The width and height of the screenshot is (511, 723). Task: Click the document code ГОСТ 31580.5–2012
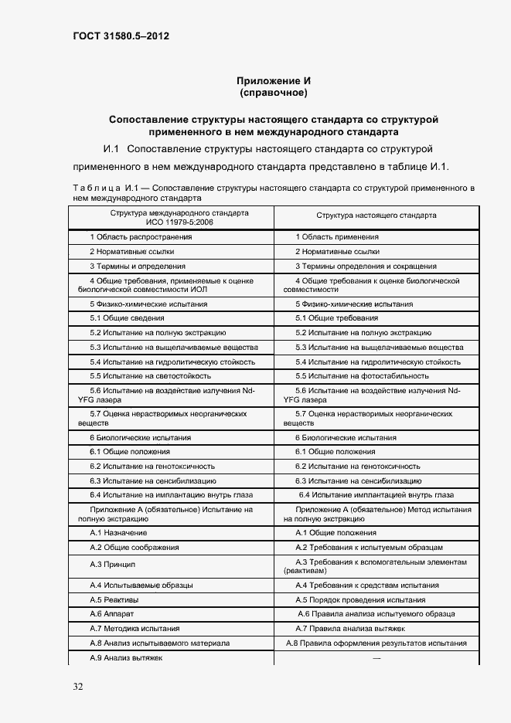(111, 36)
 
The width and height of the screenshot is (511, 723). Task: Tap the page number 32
(78, 687)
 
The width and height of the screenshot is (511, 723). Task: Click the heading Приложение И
(274, 81)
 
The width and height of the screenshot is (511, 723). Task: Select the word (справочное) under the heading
(274, 93)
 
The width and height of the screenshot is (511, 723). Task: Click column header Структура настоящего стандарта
(376, 216)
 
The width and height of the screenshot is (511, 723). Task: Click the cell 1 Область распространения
(141, 237)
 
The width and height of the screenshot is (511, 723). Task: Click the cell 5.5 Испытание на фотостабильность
(362, 376)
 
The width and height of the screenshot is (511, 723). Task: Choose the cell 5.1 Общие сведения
(127, 318)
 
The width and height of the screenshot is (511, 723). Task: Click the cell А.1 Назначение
(118, 533)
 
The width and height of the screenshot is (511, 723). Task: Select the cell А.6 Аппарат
(112, 614)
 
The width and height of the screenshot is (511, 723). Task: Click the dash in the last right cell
(376, 657)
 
